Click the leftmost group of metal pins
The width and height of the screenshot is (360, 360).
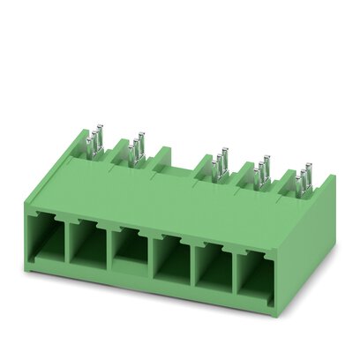click(94, 140)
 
